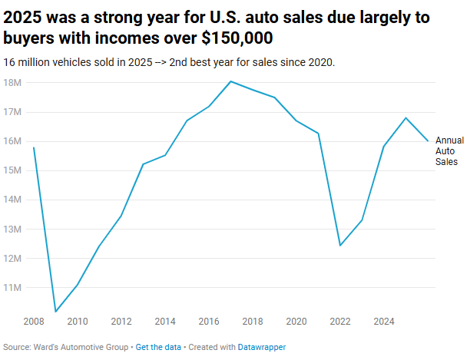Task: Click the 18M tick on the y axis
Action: pos(13,82)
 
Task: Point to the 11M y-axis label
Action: pos(13,287)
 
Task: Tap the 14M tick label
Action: pos(13,200)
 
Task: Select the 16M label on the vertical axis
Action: pos(13,141)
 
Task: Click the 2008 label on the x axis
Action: pos(34,321)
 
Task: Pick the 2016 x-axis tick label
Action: pos(209,321)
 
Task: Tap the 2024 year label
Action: pos(384,321)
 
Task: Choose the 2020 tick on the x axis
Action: pos(296,321)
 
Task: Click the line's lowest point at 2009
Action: pos(55,312)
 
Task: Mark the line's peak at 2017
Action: pos(230,81)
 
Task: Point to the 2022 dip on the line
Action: pos(340,246)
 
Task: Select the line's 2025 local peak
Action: pos(405,117)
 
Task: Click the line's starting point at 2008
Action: pos(34,147)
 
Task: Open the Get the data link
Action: pos(158,347)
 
